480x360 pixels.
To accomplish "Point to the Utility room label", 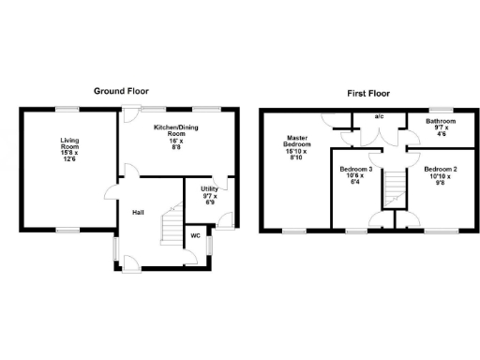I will click(x=208, y=189).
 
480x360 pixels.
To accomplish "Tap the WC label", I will click(x=195, y=235).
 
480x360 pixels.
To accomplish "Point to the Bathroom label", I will click(x=441, y=122).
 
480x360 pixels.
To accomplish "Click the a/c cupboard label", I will click(x=379, y=117).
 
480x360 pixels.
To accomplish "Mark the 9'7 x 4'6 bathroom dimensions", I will click(x=441, y=133).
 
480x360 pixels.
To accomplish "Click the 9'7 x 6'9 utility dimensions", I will click(x=208, y=201).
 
